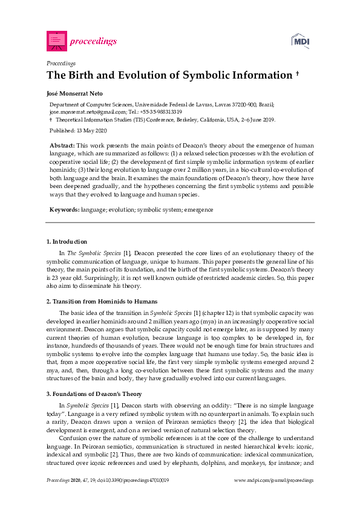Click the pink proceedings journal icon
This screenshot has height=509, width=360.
pyautogui.click(x=57, y=41)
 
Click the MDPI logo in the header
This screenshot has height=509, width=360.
pyautogui.click(x=301, y=41)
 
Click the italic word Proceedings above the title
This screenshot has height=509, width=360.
pyautogui.click(x=61, y=63)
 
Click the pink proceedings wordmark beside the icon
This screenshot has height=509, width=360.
pyautogui.click(x=94, y=41)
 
